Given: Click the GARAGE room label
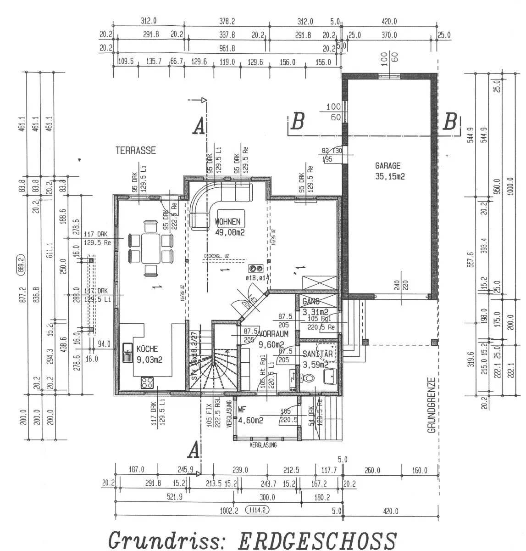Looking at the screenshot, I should pos(388,166).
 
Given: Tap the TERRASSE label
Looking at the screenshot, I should pos(136,151).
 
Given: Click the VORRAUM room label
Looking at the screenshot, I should pos(273,334).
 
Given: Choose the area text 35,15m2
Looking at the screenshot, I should pos(388,176).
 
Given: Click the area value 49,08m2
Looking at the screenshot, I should pos(230,232).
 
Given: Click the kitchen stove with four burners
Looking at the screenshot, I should pos(147,382).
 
